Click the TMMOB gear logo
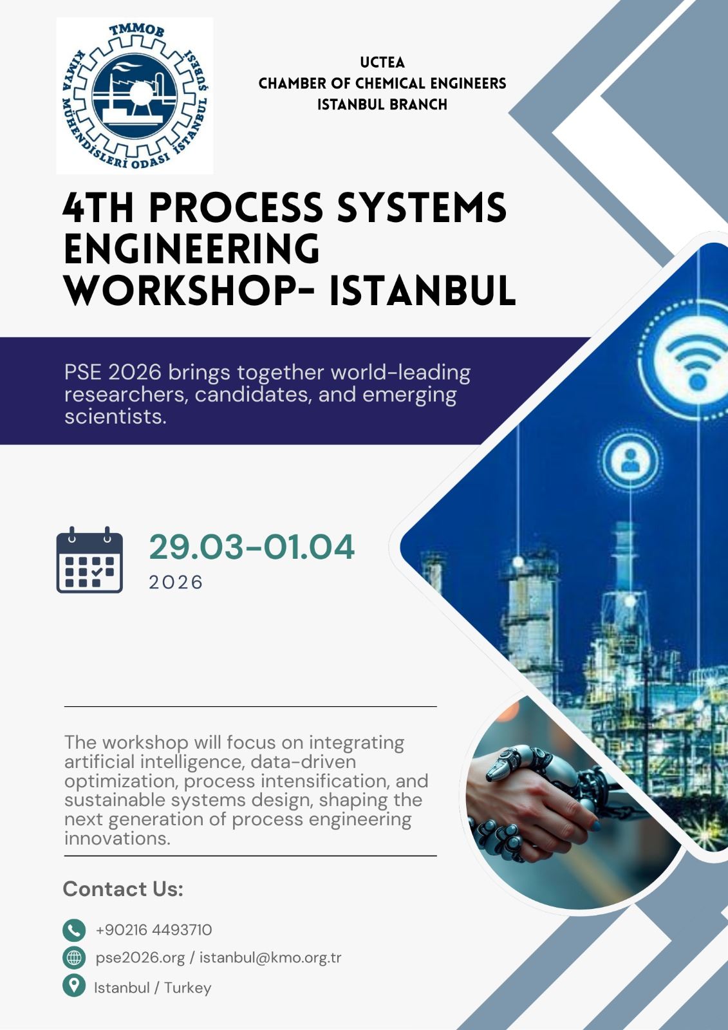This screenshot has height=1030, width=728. [x=135, y=96]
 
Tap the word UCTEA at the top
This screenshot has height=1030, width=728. [x=382, y=62]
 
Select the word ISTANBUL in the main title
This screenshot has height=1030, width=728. [x=422, y=290]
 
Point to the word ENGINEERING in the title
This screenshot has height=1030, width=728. [x=192, y=249]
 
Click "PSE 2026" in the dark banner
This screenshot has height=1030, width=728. [x=113, y=372]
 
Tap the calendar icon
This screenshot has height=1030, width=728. [x=89, y=560]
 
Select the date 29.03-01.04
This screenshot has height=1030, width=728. [x=252, y=547]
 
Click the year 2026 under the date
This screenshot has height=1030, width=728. [x=176, y=582]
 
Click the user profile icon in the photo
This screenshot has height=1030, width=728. [x=630, y=460]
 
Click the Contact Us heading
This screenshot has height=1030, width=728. [x=123, y=889]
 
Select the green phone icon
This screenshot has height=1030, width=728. [x=74, y=930]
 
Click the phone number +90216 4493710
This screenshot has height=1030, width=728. [x=154, y=930]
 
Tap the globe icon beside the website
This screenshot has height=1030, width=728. [x=74, y=958]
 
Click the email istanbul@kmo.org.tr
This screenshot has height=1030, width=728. [x=270, y=958]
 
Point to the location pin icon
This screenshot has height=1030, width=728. [x=74, y=986]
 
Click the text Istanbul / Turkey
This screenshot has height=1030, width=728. [x=153, y=988]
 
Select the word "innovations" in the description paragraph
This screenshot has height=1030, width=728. [x=117, y=838]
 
